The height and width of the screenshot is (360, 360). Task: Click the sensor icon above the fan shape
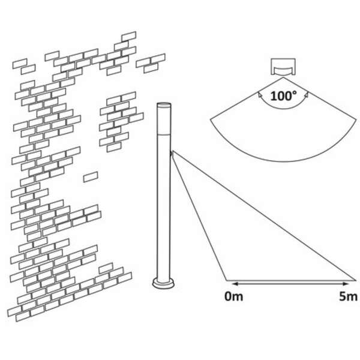(x=281, y=66)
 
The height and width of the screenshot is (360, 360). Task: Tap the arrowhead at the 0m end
(x=228, y=281)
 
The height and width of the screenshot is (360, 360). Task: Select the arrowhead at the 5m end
(x=353, y=281)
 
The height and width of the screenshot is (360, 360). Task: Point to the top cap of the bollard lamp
(x=163, y=106)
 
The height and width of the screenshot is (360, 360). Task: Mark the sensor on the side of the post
(x=172, y=155)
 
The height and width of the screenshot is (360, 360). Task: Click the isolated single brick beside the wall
(x=91, y=176)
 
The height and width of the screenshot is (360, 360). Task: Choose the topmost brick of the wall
(x=128, y=36)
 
